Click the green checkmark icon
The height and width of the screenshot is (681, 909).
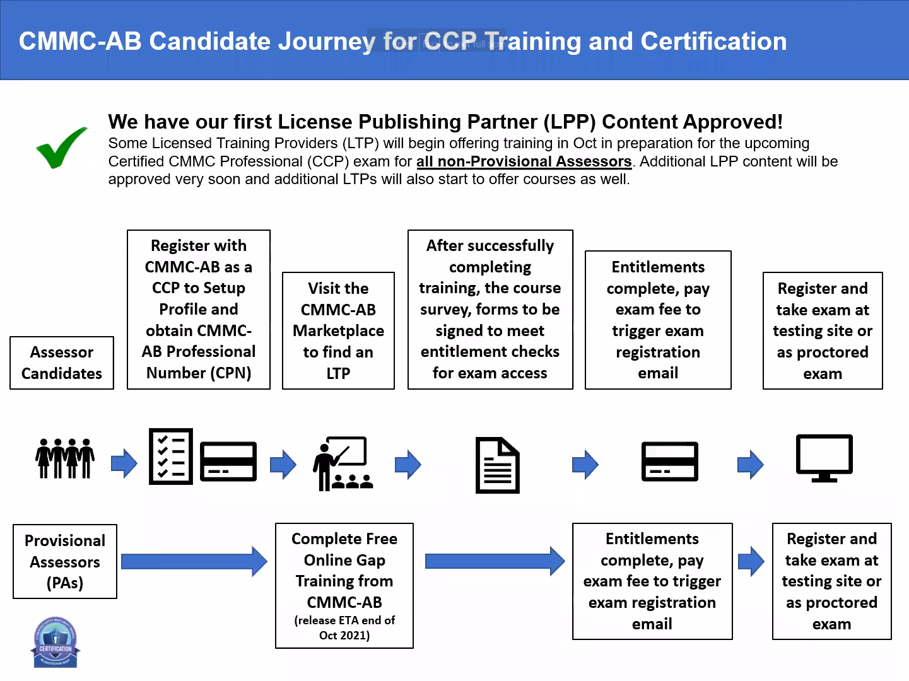click(61, 148)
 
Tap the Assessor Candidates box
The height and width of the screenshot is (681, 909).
click(62, 363)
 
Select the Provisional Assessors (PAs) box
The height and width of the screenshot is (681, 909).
click(65, 561)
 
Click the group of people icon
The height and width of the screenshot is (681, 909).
click(65, 458)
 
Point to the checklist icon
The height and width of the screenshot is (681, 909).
click(170, 457)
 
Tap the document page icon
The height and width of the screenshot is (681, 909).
click(497, 465)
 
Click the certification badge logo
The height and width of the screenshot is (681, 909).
click(56, 642)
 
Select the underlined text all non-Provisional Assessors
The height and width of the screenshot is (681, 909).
click(524, 161)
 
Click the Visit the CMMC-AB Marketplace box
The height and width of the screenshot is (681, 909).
click(338, 330)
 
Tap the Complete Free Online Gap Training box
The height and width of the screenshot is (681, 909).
click(344, 585)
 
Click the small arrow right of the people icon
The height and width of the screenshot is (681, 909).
click(124, 463)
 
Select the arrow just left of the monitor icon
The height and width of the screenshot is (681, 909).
click(750, 465)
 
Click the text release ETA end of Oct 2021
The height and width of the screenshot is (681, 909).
click(344, 627)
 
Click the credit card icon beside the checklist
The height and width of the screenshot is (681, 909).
click(228, 462)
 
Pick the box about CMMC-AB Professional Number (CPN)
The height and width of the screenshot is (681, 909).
click(199, 309)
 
